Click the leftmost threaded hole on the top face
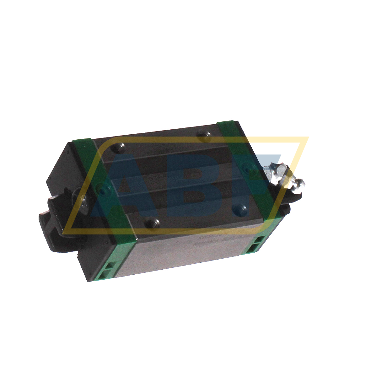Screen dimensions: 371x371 121,146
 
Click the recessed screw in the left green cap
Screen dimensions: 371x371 102,190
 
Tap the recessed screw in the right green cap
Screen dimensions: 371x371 248,168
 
